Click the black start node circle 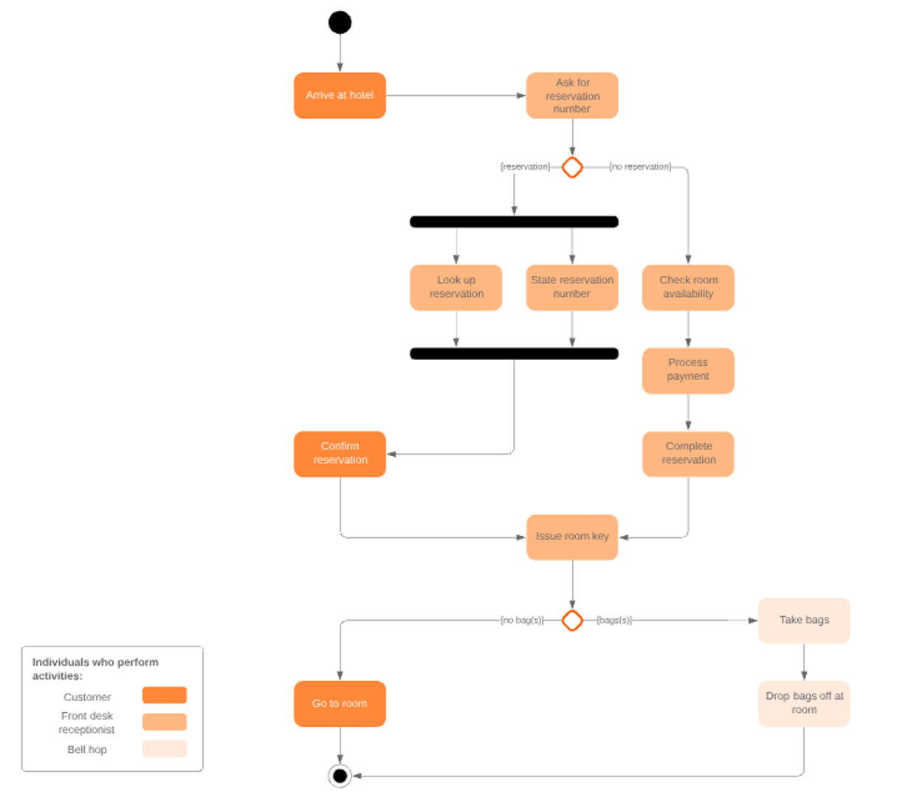pos(340,23)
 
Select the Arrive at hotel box pos(340,95)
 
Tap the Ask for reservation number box pos(572,95)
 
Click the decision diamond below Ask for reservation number pos(572,168)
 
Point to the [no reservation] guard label pos(640,167)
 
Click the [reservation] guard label pos(525,167)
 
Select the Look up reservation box pos(456,287)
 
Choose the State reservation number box pos(572,287)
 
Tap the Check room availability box pos(688,287)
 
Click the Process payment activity pos(688,370)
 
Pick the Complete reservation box pos(688,453)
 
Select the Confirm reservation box pos(340,453)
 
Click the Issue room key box pos(572,536)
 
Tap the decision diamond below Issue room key pos(572,620)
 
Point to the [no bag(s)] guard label pos(522,620)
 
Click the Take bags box pos(804,620)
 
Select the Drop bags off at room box pos(804,703)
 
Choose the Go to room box pos(340,703)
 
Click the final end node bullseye pos(340,776)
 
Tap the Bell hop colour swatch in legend pos(165,748)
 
